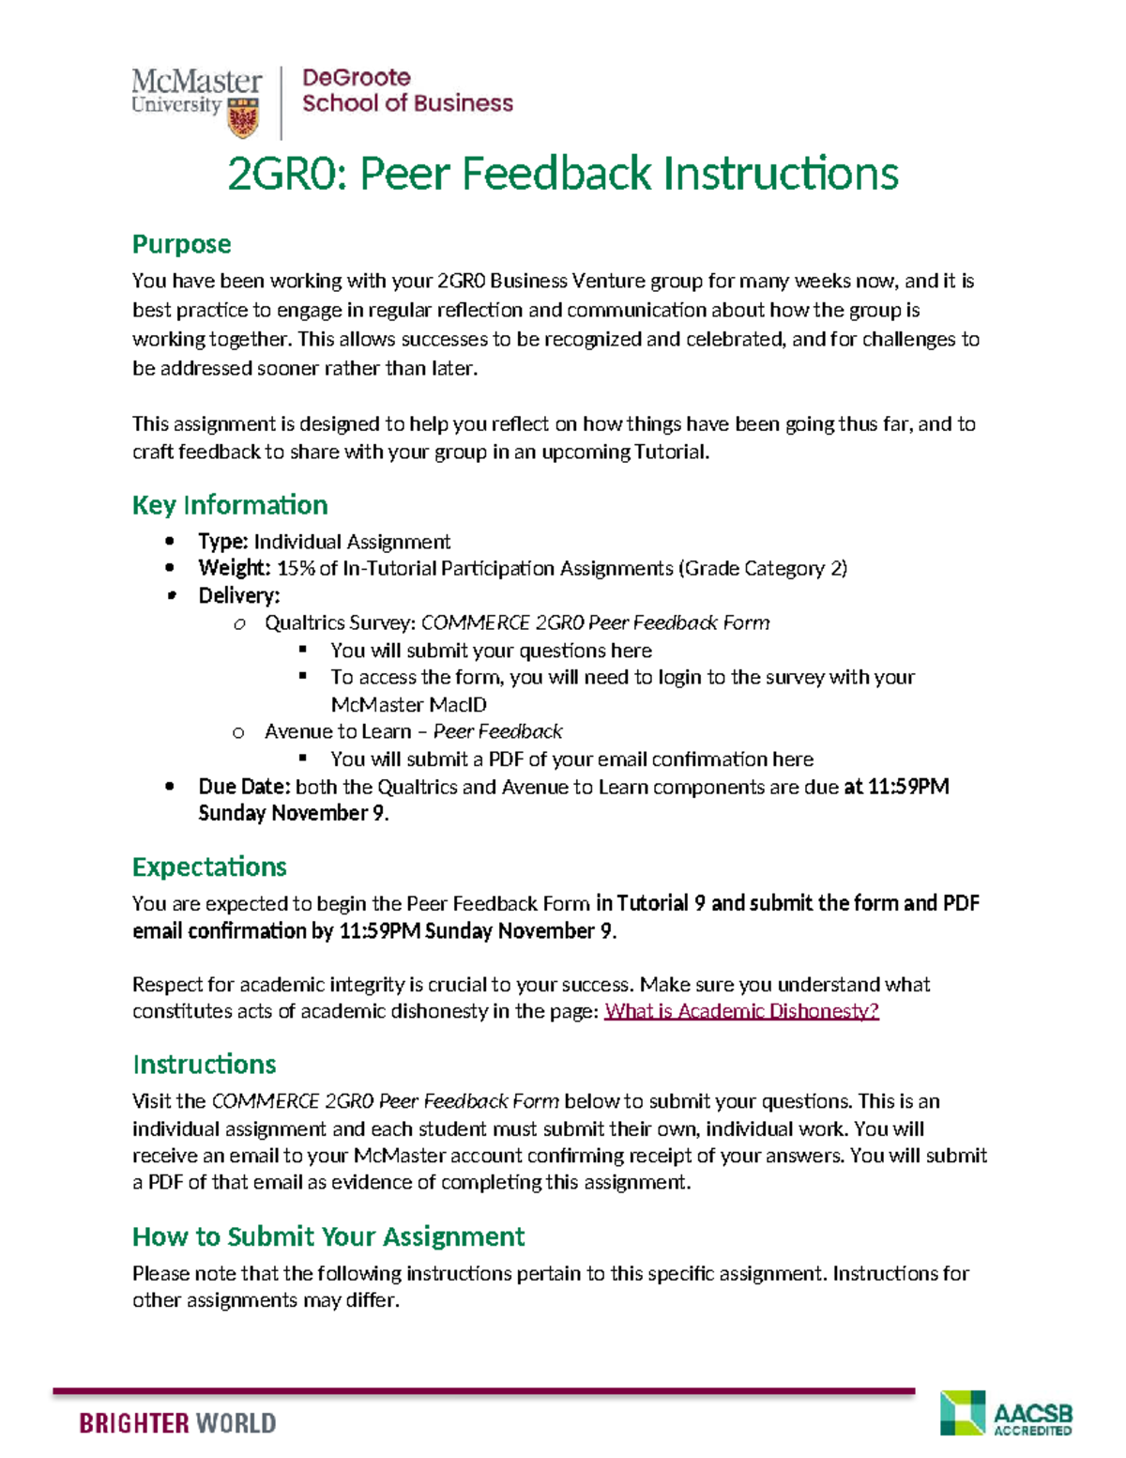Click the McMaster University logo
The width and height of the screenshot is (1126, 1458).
197,100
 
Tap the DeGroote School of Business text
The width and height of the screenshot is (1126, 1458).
406,91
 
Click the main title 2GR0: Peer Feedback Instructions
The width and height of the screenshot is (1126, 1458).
563,174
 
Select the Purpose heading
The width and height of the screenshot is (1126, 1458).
181,244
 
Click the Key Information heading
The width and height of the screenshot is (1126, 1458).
230,505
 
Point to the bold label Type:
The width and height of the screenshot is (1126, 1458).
222,542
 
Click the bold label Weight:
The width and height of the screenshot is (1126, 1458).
234,568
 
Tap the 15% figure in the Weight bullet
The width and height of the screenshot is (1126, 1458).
296,568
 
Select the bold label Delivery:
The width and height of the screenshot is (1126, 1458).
238,596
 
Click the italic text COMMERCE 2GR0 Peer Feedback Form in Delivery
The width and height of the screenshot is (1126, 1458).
595,623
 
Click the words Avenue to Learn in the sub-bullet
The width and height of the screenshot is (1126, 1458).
337,731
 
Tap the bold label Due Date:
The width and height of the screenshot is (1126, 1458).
244,787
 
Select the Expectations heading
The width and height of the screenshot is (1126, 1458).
209,867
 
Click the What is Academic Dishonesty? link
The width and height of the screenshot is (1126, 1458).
741,1011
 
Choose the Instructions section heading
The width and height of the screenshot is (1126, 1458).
204,1065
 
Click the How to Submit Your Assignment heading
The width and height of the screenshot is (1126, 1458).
328,1236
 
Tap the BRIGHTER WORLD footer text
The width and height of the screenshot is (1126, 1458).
177,1423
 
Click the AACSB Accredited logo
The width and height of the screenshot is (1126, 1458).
1006,1414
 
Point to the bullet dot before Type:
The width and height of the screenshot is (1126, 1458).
170,541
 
